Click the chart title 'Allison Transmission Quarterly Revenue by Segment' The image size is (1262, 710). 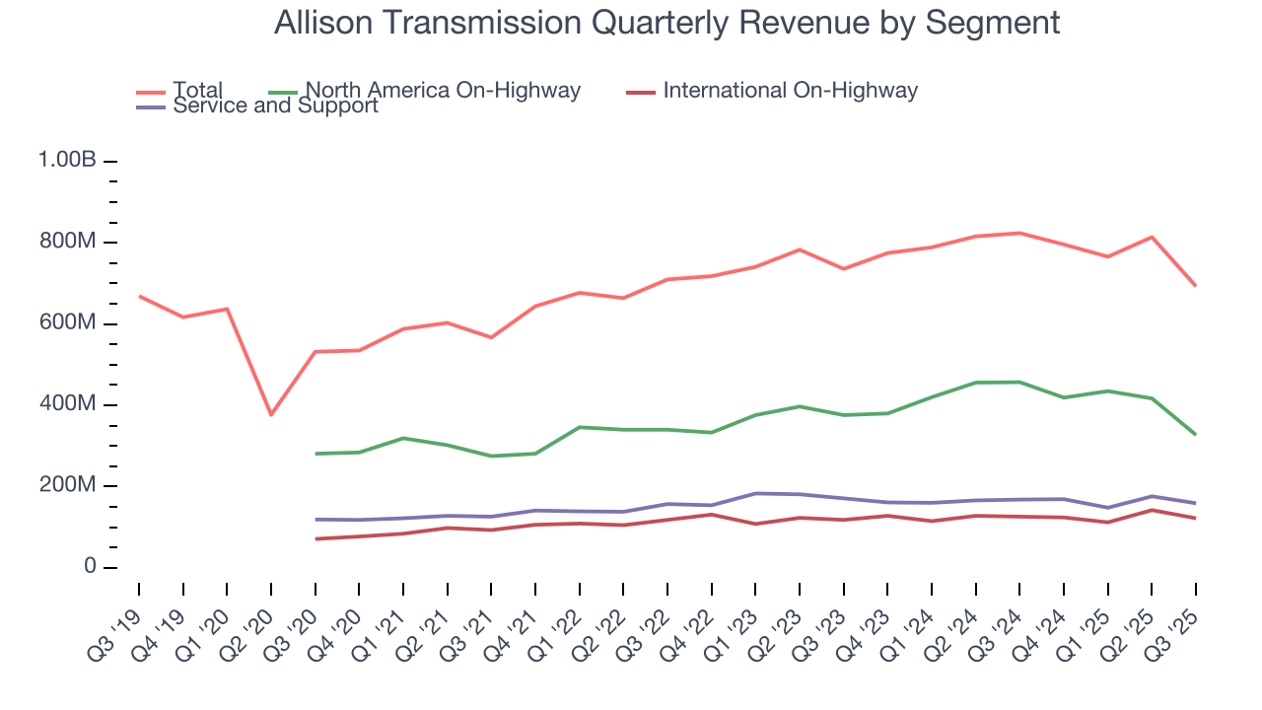[x=666, y=22]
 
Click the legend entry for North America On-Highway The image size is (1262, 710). [x=443, y=91]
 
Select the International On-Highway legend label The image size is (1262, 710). [x=790, y=91]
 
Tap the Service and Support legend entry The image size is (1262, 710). [x=275, y=106]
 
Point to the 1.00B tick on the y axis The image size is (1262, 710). [x=67, y=161]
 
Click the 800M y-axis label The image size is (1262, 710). [x=67, y=243]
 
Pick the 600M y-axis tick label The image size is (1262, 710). [x=67, y=323]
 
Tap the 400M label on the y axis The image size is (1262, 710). [x=67, y=405]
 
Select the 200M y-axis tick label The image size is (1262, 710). [x=67, y=486]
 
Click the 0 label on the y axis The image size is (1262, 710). [x=89, y=567]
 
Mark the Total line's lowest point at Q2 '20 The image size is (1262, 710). [x=271, y=414]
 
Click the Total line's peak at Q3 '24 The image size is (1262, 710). [x=1019, y=233]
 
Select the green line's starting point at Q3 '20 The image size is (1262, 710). [x=315, y=454]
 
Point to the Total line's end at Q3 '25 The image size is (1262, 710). [x=1196, y=286]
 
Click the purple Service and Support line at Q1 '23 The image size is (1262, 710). [x=755, y=493]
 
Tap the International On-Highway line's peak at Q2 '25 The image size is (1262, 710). [x=1152, y=510]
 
